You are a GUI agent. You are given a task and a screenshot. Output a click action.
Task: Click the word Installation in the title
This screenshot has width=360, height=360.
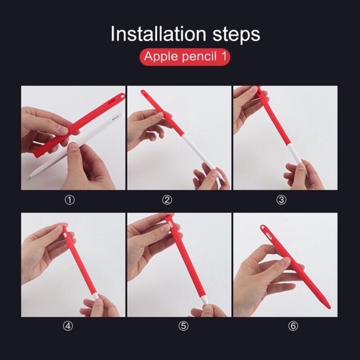(x=158, y=34)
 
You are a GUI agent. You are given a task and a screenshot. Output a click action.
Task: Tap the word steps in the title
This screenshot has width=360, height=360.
(x=236, y=35)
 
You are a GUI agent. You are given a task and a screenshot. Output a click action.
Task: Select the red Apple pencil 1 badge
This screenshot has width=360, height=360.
(x=185, y=56)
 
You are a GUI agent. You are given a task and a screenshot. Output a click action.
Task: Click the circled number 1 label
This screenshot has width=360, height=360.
(x=70, y=200)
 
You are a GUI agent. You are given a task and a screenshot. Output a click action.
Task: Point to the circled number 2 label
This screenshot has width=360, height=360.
(x=167, y=200)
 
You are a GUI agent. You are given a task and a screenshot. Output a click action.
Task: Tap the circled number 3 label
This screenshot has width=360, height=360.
(x=281, y=200)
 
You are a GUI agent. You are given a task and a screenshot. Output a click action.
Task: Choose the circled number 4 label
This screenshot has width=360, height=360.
(x=68, y=326)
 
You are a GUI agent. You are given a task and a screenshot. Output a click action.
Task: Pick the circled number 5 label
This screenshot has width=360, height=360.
(x=183, y=326)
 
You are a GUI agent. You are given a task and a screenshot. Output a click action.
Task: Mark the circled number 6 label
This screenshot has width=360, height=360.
(x=293, y=326)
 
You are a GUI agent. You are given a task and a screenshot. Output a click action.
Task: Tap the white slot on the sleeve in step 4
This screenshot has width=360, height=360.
(x=65, y=235)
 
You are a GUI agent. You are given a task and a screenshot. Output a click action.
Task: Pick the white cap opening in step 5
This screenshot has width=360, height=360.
(x=170, y=224)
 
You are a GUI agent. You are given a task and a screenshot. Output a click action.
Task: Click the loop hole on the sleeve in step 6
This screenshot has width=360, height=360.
(x=263, y=228)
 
